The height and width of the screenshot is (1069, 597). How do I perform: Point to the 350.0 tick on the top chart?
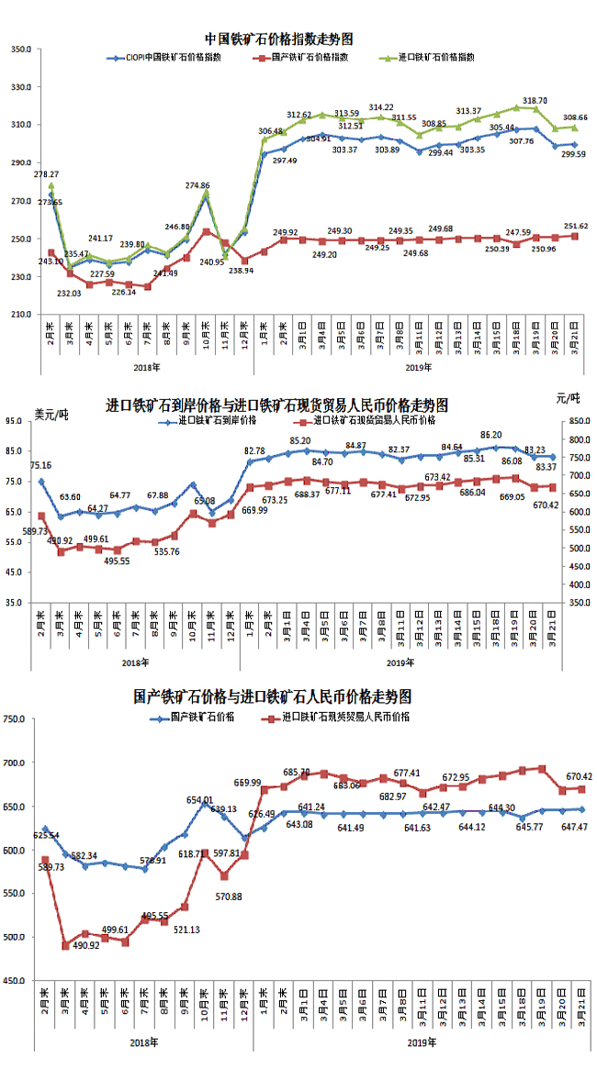[x=22, y=49]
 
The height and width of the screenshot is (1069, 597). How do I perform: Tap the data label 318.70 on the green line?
[x=535, y=101]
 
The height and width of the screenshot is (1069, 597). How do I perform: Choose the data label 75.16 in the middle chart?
[x=40, y=465]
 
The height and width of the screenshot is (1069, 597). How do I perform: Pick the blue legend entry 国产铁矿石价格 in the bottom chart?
[x=204, y=717]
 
